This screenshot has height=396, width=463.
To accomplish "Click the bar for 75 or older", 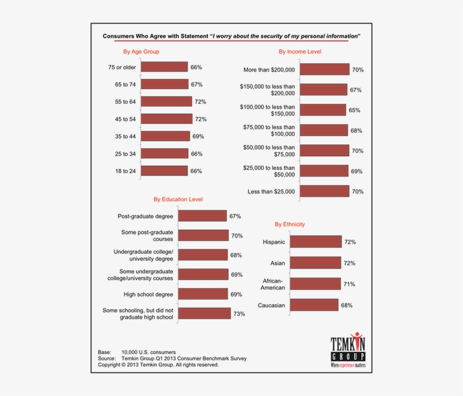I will click(164, 67).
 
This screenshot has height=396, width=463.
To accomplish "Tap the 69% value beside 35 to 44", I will click(198, 137).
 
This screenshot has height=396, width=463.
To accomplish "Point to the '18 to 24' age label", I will click(125, 171).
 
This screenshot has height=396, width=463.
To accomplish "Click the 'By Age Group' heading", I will click(141, 52).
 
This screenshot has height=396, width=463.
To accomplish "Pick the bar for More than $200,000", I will click(324, 69).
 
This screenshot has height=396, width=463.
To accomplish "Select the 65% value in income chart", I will click(355, 110).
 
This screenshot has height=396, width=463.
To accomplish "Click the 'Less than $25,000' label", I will click(271, 192).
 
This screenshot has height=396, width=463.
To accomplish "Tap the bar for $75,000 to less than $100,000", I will click(324, 130).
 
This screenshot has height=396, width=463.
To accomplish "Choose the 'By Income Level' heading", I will click(300, 52).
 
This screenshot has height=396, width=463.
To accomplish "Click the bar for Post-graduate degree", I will click(202, 216).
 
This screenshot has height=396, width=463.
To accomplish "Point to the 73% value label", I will click(239, 314).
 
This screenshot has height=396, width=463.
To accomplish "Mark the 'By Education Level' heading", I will click(178, 199).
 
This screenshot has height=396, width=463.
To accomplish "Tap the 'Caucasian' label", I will click(271, 306).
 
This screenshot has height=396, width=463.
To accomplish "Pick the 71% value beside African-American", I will click(350, 284).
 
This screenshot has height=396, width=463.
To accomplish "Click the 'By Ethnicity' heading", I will click(290, 225).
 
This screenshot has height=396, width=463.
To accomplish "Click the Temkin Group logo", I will click(348, 351).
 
